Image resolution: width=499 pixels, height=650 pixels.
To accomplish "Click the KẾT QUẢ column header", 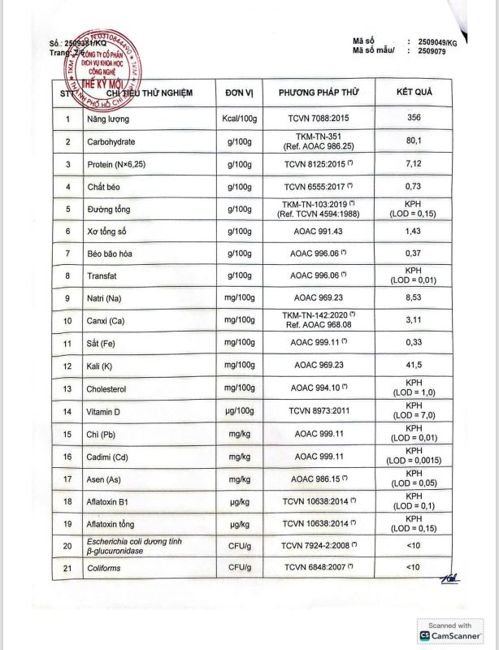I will [x=414, y=92].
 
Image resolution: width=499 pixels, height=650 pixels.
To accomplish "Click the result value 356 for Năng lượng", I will [x=414, y=119].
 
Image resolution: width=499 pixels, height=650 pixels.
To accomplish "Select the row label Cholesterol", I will [x=110, y=389].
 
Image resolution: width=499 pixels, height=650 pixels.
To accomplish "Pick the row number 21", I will [x=67, y=568].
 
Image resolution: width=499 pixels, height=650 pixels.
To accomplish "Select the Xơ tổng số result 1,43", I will [x=414, y=232].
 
